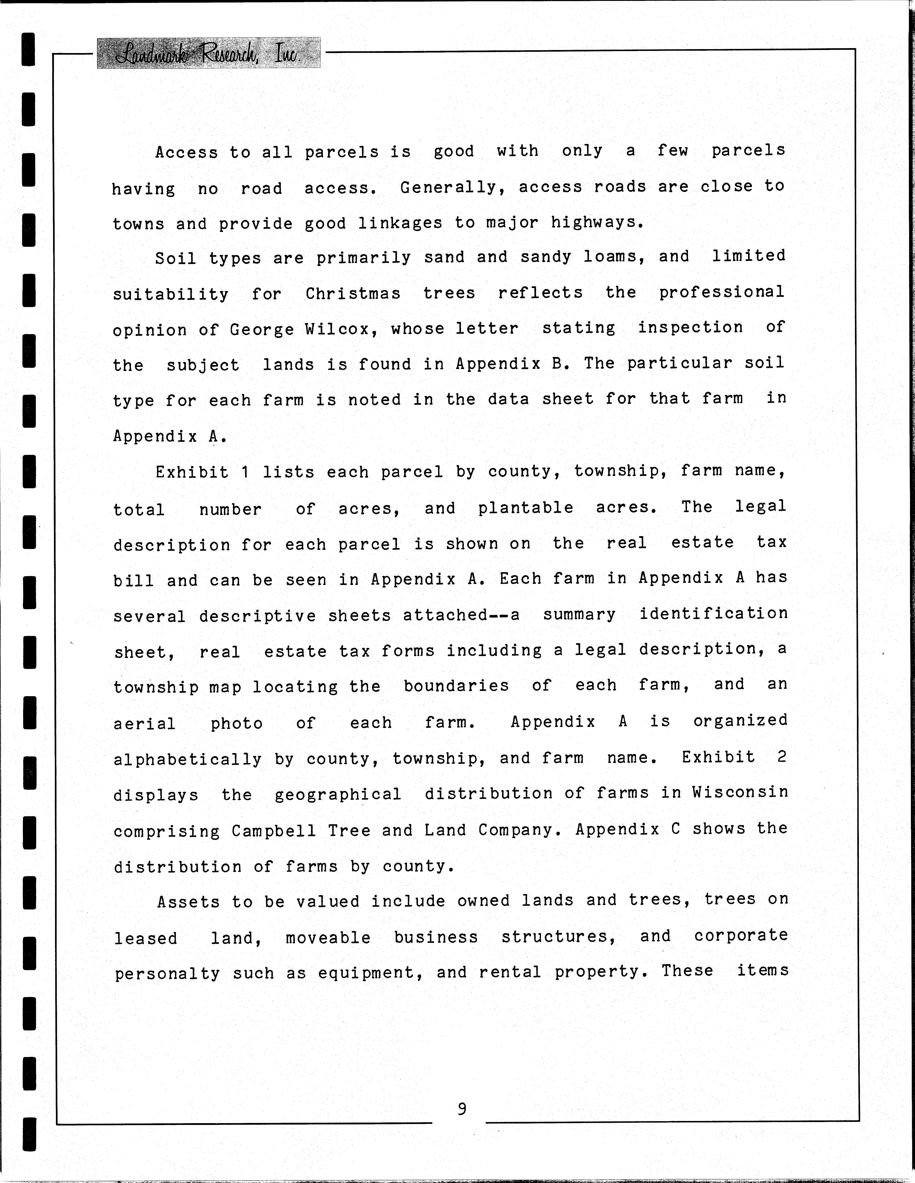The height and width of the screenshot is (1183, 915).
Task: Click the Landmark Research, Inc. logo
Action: (x=208, y=53)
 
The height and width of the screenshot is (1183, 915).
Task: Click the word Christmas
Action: (x=353, y=294)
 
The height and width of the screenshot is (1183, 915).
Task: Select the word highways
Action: (x=597, y=222)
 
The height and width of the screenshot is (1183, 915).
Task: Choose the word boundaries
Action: (x=456, y=686)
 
